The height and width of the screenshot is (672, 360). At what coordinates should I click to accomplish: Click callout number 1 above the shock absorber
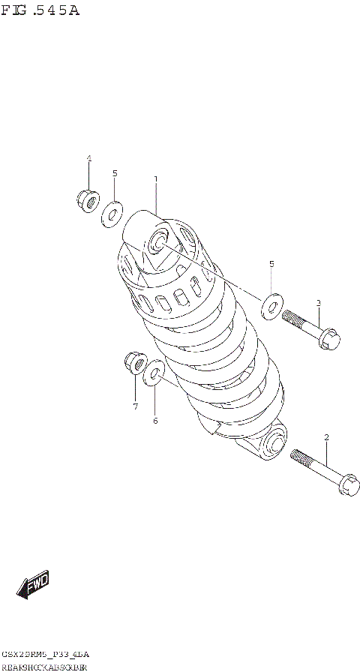tap(155, 179)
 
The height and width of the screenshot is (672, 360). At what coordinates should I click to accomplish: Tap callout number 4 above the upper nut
tap(88, 158)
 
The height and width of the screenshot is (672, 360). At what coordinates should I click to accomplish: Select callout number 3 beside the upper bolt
tap(318, 303)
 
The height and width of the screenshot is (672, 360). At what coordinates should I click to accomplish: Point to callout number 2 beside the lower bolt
tap(327, 437)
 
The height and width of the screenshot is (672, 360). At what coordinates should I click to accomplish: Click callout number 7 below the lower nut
tap(135, 406)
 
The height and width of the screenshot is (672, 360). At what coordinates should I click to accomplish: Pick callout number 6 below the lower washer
tap(155, 421)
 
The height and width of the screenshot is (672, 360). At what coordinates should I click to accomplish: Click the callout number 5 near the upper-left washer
tap(115, 173)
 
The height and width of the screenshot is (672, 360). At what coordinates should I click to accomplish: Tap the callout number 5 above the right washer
tap(271, 264)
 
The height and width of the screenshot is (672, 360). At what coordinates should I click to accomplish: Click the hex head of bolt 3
tap(328, 340)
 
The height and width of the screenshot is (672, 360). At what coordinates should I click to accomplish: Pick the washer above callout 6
tap(155, 371)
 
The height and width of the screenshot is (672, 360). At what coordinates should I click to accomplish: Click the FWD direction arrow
tap(33, 586)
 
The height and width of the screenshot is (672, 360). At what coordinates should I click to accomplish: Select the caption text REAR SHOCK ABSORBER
tap(45, 666)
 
